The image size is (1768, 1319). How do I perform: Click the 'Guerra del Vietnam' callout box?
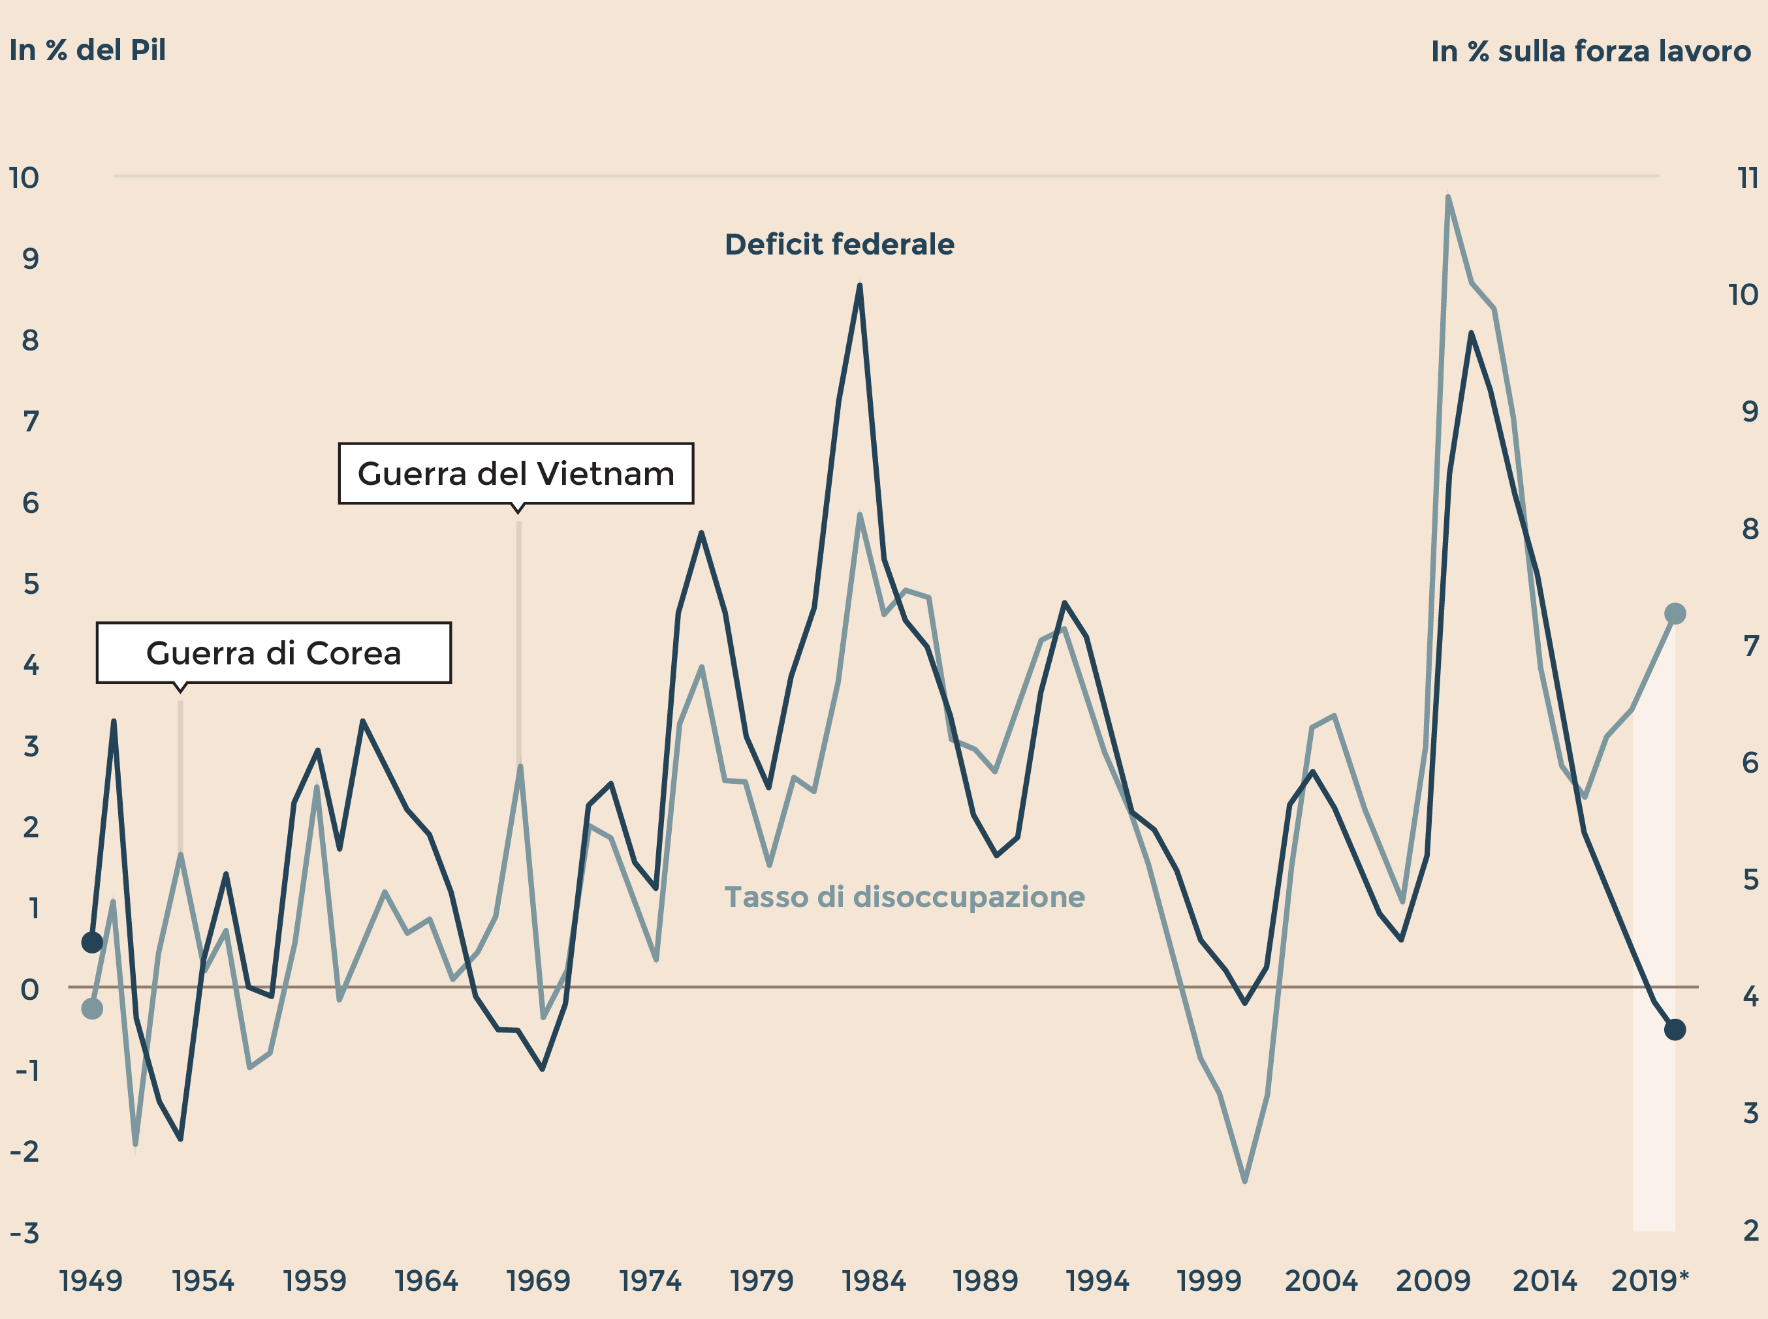click(516, 473)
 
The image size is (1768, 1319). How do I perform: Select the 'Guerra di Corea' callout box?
click(273, 653)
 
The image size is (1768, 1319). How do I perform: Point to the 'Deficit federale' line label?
click(840, 244)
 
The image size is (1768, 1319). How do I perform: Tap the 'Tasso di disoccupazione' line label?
click(904, 897)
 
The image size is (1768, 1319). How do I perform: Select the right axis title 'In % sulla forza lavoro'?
click(1590, 51)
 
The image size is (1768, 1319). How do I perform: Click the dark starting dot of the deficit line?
click(92, 942)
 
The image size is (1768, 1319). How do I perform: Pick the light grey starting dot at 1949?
click(92, 1009)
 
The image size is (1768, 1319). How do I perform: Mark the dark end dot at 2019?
click(1675, 1030)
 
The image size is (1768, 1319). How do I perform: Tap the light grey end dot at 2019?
click(1675, 613)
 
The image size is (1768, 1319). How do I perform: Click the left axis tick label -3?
click(25, 1234)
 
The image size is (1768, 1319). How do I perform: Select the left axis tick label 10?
click(24, 178)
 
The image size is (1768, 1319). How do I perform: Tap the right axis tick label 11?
click(1748, 178)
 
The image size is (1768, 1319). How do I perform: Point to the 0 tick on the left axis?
click(29, 990)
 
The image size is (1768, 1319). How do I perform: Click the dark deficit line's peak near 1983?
click(859, 286)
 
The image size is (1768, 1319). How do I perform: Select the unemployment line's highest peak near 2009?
click(1448, 197)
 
